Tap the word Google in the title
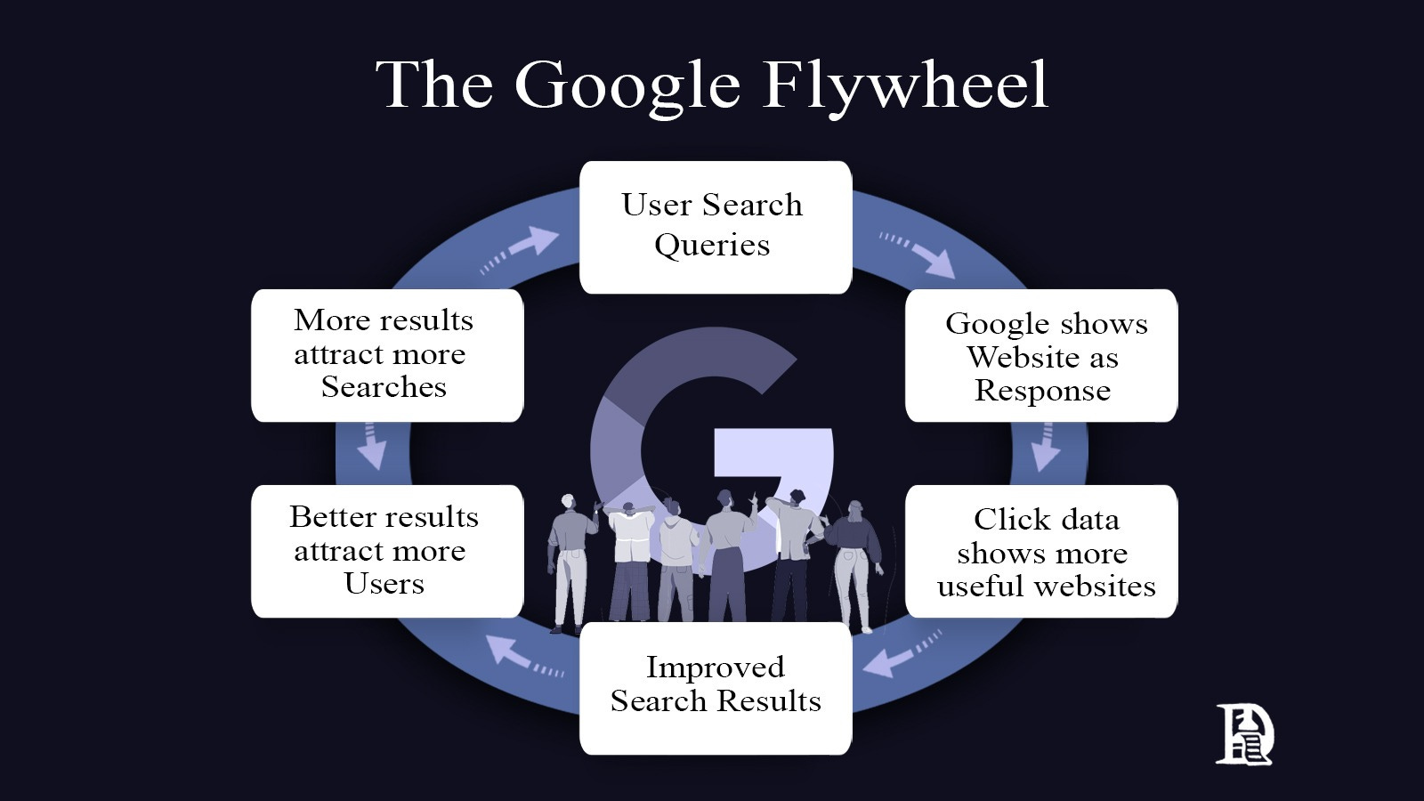point(627,86)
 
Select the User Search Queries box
point(715,226)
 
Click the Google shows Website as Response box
point(1041,355)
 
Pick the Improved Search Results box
point(715,686)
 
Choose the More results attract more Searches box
point(386,354)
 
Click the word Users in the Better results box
point(384,584)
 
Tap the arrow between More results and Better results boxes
point(371,447)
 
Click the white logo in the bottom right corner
point(1244,734)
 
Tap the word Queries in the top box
point(712,245)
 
